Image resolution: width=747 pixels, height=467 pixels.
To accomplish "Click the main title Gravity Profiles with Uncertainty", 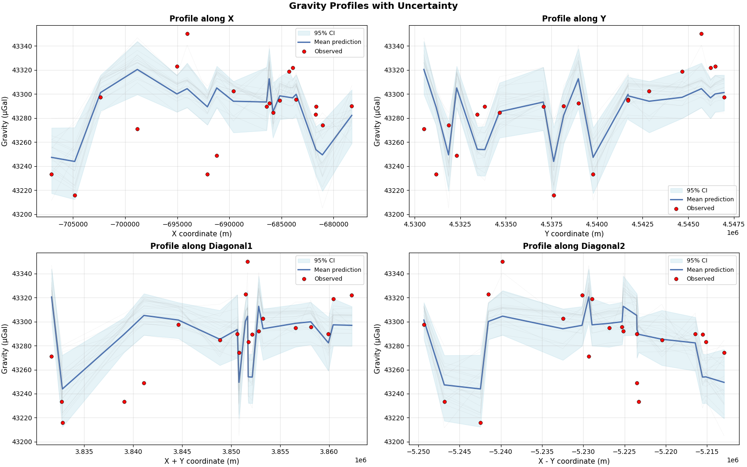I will coord(373,6).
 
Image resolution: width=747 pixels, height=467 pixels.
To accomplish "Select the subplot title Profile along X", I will coord(201,19).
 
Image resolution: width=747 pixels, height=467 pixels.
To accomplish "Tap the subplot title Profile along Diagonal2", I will coord(573,246).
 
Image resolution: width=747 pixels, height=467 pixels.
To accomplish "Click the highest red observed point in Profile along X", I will coord(187,34).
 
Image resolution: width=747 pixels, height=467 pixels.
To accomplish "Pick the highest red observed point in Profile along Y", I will coord(701,34).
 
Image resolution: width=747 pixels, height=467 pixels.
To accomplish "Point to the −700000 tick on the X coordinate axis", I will coord(125,224).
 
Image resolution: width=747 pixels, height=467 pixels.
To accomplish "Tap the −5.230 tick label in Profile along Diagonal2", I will coord(583,452).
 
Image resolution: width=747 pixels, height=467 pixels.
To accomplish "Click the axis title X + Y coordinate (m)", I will coord(201,461).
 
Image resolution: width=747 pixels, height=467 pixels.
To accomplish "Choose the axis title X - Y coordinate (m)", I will coord(574,461).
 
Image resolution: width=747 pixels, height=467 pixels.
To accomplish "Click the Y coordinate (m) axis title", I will coord(574,233).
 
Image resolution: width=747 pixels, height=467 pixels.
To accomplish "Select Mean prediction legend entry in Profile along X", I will coord(337,42).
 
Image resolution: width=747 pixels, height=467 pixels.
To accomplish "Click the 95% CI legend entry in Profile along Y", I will coord(697,191).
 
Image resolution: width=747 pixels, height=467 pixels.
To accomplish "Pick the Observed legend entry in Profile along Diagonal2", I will coord(700,279).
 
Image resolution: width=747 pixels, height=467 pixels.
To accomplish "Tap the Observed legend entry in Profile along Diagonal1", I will coord(328,279).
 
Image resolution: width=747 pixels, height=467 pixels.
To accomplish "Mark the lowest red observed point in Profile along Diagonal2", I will coord(480,423).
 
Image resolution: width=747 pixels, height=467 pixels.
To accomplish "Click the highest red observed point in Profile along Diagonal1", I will coord(247,262).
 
